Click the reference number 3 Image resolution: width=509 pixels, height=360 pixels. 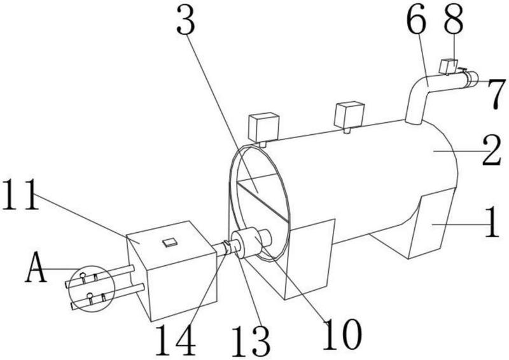pos(186,20)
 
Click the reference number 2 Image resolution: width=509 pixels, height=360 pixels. pos(492,151)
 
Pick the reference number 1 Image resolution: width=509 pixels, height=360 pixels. pos(492,223)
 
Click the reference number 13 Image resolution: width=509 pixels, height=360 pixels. pos(251,341)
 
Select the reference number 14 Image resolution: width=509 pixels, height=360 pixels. pos(176,340)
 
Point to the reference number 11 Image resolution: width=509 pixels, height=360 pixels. pos(20,195)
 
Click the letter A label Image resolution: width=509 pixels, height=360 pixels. pos(36,268)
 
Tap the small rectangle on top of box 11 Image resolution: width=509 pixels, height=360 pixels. pos(170,242)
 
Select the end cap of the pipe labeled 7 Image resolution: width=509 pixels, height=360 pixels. pos(472,80)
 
